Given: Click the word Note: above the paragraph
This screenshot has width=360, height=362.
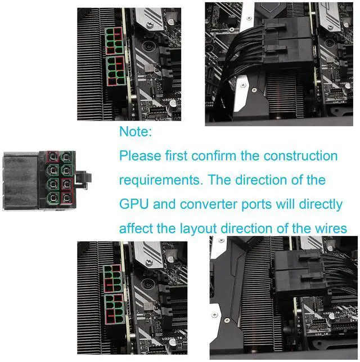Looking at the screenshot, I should point(136,132).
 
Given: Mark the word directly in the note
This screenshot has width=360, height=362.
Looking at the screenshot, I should point(320,204).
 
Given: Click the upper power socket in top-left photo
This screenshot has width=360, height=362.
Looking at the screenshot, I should point(114,39).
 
